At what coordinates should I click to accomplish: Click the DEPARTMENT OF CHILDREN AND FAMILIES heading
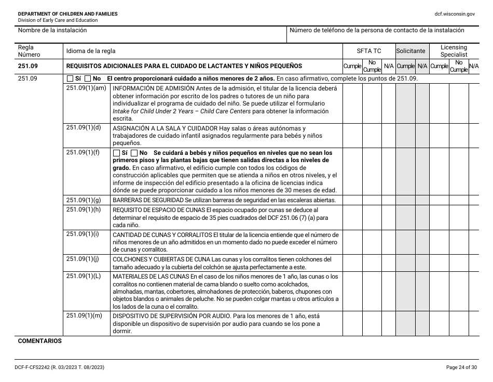[67, 14]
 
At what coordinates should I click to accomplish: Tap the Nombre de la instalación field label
[52, 30]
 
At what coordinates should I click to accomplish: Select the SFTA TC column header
[368, 51]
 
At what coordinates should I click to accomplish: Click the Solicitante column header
[410, 51]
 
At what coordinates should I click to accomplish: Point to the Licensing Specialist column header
[454, 51]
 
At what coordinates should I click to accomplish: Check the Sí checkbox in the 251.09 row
[70, 78]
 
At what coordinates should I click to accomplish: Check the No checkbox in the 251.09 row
[88, 78]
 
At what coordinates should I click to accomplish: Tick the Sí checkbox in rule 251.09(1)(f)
[116, 153]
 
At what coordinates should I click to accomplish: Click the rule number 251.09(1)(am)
[86, 88]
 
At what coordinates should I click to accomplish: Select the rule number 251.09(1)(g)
[84, 200]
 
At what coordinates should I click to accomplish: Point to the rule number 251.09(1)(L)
[84, 276]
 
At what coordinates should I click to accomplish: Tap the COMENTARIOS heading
[39, 341]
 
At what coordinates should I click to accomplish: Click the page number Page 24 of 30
[461, 367]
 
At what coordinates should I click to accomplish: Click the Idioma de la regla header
[91, 51]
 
